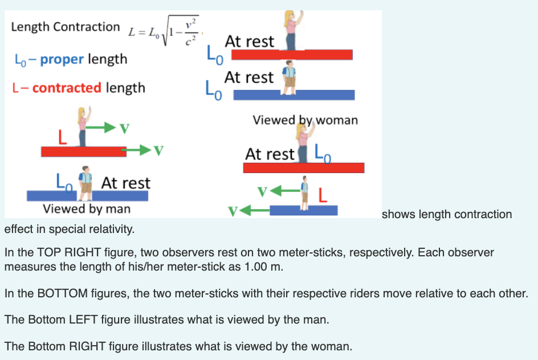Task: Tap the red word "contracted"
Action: click(67, 88)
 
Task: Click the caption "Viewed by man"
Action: click(87, 208)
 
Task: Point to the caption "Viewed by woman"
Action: click(305, 120)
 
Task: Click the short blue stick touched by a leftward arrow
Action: click(304, 210)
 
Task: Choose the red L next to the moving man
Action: click(322, 195)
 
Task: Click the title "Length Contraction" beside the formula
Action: click(66, 27)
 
